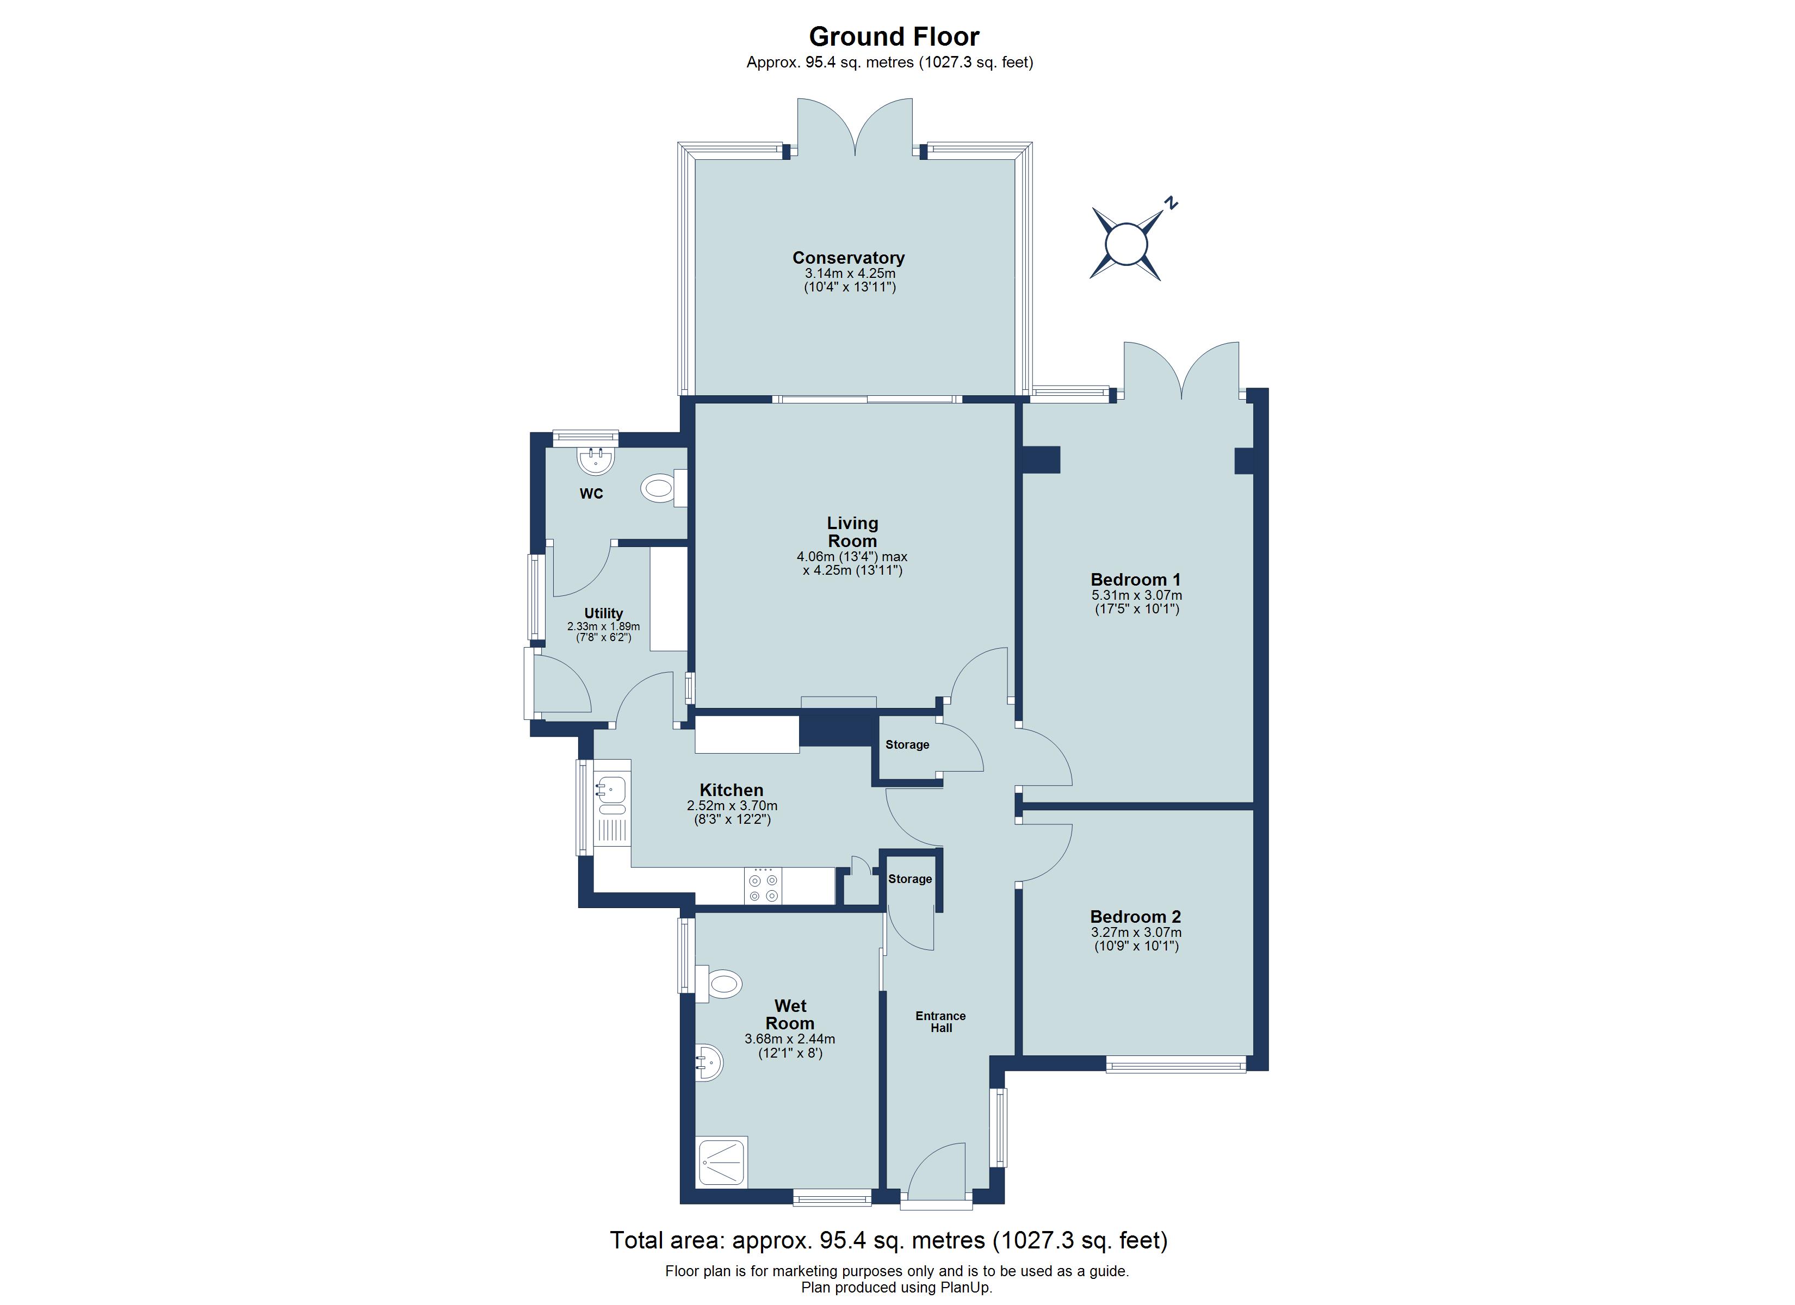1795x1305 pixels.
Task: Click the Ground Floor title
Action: (894, 36)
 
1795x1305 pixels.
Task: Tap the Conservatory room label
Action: (849, 258)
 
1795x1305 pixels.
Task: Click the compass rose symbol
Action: (1125, 243)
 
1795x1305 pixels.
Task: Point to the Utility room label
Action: (603, 613)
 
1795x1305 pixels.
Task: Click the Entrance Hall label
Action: (940, 1022)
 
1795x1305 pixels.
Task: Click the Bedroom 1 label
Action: (1135, 579)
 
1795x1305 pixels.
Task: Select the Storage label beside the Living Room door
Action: (907, 745)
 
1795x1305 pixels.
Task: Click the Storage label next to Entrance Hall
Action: (909, 879)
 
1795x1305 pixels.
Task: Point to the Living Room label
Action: (852, 532)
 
